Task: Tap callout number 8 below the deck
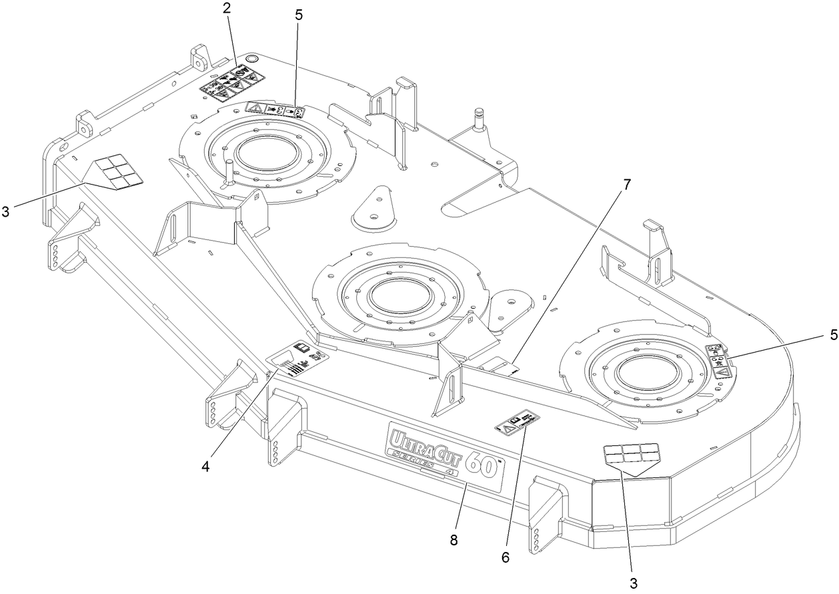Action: [x=454, y=539]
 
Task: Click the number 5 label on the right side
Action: [x=828, y=335]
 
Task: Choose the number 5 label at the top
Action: [x=297, y=14]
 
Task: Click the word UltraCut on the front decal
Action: [x=424, y=442]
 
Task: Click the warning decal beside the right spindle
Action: [x=719, y=361]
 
